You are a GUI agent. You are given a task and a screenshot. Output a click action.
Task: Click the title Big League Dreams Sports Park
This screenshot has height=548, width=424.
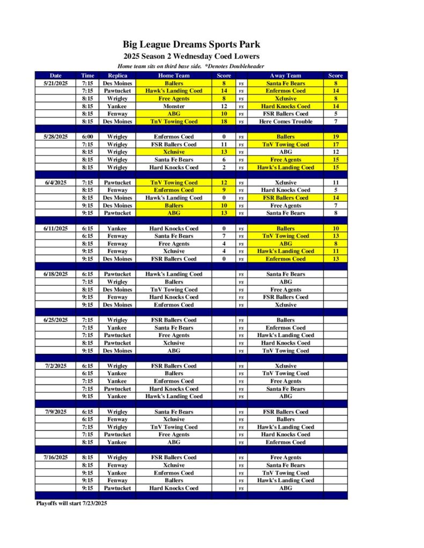click(191, 44)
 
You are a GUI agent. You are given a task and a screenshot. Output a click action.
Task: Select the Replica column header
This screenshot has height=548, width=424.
click(117, 76)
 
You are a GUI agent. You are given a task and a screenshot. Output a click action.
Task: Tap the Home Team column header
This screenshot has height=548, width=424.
click(173, 76)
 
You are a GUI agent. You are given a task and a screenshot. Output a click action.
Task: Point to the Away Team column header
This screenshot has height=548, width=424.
click(286, 76)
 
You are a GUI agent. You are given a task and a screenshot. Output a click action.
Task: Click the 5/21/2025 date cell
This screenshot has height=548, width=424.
click(55, 83)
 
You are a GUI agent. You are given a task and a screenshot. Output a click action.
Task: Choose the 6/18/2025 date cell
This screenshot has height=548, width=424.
click(55, 274)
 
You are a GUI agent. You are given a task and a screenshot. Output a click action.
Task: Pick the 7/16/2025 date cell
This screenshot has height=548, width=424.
click(55, 458)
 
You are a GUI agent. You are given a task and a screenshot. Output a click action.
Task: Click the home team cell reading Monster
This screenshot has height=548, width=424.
click(173, 106)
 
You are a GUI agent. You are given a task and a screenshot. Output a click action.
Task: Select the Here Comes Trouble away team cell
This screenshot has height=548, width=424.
click(286, 121)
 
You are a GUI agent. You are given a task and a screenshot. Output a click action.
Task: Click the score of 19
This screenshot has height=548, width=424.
click(336, 137)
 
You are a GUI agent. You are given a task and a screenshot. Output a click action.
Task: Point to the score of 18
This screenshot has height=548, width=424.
click(224, 121)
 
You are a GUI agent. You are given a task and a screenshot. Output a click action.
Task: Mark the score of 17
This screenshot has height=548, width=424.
click(336, 144)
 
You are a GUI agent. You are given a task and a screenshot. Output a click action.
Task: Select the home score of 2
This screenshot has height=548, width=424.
click(224, 168)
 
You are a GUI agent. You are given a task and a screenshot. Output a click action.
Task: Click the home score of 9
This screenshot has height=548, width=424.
click(224, 190)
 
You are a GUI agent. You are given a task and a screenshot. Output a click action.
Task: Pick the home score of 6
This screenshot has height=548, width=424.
click(224, 160)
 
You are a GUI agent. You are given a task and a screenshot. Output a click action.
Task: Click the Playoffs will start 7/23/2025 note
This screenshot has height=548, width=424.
click(71, 503)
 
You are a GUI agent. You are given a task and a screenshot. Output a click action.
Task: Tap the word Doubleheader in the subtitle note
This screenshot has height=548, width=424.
click(247, 66)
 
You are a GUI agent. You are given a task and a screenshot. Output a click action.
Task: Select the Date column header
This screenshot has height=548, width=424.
click(55, 76)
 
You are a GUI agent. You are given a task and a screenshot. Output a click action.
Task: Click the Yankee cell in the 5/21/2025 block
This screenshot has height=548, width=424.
click(117, 106)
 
